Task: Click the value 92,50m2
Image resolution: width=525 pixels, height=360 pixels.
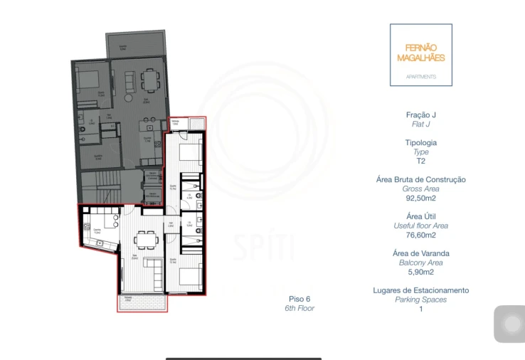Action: (x=420, y=198)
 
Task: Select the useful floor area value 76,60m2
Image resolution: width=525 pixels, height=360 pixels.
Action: (x=420, y=235)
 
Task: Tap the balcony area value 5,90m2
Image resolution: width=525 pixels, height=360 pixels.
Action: (x=420, y=272)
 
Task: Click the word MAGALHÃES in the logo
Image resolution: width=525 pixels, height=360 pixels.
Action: (x=420, y=58)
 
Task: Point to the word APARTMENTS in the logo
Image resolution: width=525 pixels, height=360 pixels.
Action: (x=420, y=76)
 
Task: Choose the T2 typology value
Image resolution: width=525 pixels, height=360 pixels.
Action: (x=420, y=161)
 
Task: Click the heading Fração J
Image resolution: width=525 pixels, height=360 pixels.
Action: (x=420, y=115)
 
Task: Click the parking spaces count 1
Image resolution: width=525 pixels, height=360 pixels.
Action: (x=420, y=309)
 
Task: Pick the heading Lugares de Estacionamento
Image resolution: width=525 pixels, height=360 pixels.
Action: (x=420, y=290)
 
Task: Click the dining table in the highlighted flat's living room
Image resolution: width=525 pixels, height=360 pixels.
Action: (x=145, y=239)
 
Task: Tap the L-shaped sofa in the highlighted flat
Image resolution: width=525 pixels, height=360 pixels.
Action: (x=154, y=268)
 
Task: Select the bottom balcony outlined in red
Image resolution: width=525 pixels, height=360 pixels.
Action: (x=142, y=302)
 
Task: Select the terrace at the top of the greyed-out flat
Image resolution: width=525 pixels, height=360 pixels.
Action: (x=136, y=46)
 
